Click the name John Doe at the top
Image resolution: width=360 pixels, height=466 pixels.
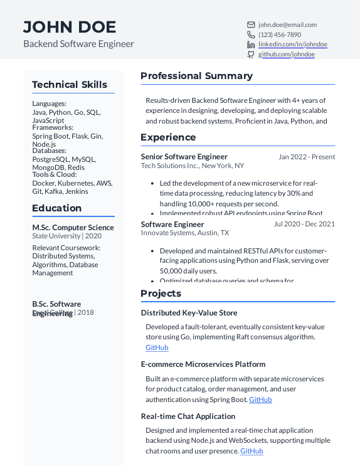(70, 27)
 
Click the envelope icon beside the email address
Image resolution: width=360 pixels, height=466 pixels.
(251, 25)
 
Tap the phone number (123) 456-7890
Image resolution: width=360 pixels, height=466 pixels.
(280, 35)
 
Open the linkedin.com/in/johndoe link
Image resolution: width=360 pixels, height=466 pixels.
(293, 45)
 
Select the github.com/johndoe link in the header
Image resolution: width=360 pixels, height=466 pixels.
(287, 55)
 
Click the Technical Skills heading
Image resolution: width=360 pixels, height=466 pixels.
(70, 85)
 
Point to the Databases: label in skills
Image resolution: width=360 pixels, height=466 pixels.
(50, 151)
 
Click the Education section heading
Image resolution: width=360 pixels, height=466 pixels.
(57, 208)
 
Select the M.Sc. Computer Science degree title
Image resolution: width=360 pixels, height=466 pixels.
(73, 228)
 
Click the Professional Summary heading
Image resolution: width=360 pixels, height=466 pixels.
(196, 76)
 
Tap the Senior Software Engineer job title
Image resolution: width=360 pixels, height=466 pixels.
(184, 157)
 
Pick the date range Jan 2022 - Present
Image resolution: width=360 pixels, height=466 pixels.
(307, 157)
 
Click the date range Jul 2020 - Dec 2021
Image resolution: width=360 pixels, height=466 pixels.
(304, 224)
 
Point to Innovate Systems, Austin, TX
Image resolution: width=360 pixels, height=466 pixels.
(184, 233)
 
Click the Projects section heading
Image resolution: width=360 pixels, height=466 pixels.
(161, 294)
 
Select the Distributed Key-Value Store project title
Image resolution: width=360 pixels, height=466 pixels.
(189, 313)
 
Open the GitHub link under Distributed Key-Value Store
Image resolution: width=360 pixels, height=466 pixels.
(157, 347)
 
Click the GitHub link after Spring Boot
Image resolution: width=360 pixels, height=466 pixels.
(260, 400)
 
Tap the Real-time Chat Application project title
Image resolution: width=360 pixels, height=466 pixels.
(188, 416)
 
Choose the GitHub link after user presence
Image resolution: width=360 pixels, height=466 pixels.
(251, 451)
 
